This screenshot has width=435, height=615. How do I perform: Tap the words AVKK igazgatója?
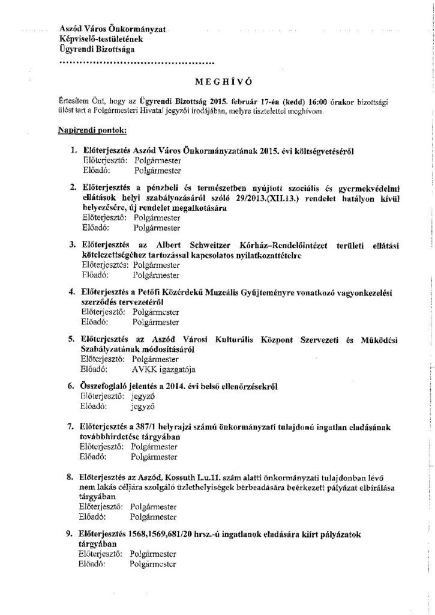[165, 369]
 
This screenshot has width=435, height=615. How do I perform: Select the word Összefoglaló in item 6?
[104, 385]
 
